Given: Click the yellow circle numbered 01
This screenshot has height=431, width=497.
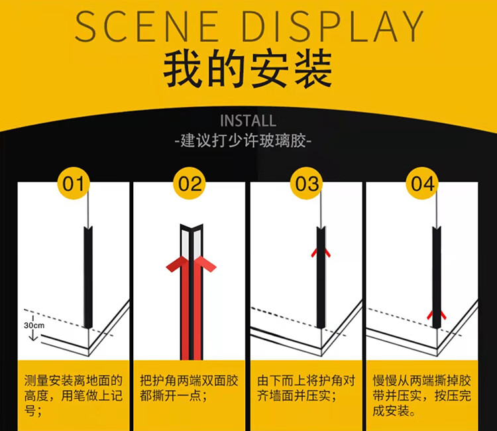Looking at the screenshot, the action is click(74, 183).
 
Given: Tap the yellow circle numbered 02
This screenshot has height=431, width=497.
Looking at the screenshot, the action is click(190, 183).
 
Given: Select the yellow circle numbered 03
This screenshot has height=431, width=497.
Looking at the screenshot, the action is click(307, 183).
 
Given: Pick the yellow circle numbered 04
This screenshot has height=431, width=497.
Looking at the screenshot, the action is click(423, 183).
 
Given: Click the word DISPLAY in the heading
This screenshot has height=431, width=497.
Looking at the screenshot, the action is click(333, 27).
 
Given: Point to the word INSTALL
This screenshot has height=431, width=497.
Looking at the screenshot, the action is click(248, 121).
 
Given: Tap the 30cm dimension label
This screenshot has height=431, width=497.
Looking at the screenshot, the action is click(34, 326).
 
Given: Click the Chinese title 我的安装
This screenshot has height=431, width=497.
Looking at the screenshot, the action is click(248, 68).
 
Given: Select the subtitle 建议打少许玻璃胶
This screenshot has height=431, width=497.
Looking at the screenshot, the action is click(243, 141).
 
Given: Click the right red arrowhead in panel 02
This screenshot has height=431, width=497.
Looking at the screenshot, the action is click(205, 264).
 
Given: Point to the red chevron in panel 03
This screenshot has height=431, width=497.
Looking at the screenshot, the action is click(321, 253).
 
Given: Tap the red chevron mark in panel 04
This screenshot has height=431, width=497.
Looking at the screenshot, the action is click(437, 315).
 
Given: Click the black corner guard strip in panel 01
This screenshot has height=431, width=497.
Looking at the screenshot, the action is click(88, 277).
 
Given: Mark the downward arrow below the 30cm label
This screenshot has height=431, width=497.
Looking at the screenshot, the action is click(33, 336).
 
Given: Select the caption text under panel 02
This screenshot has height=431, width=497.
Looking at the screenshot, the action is click(189, 388).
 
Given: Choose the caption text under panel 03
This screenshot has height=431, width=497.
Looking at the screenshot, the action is click(306, 388).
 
